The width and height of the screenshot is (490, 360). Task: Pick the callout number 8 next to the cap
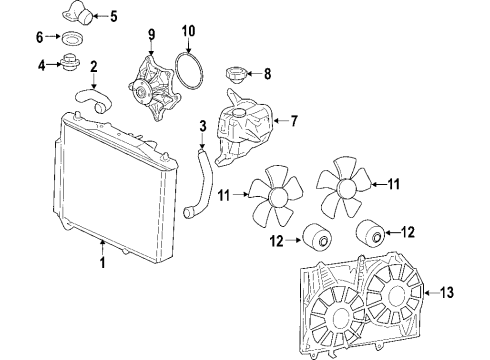(266, 73)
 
